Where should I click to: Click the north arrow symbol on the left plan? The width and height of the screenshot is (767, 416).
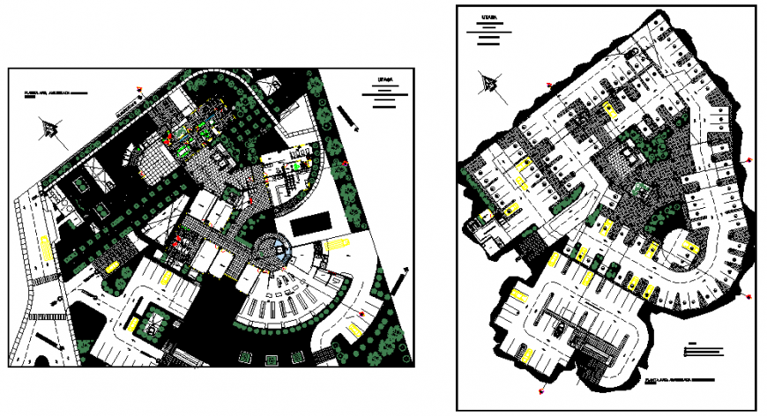50,130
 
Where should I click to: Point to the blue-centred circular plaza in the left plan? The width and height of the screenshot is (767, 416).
279,249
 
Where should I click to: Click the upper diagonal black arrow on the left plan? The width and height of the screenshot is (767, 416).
346,117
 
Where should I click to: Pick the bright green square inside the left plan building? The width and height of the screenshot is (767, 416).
298,166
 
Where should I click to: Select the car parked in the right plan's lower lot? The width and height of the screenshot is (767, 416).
561,329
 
